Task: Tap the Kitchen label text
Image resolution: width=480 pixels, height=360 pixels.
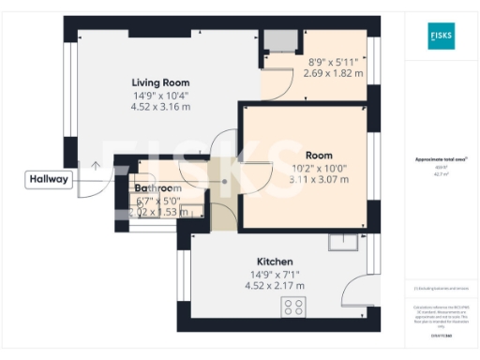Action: coord(276,260)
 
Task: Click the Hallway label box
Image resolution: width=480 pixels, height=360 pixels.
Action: coord(49,180)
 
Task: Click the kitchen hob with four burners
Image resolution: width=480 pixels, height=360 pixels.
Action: coord(293,307)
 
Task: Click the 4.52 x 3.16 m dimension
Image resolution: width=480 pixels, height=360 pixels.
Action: coord(159,107)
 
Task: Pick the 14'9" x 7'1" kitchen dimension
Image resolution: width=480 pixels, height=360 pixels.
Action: coord(276,274)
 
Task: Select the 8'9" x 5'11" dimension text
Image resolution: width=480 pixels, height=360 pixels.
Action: coord(333,62)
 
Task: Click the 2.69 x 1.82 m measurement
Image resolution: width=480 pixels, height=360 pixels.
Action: coord(333,73)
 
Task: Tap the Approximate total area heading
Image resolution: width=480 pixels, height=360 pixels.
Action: coord(440,159)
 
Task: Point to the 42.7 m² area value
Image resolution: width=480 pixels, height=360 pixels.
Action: coord(440,173)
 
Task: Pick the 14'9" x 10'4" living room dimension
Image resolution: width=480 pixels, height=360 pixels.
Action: coord(159,95)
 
